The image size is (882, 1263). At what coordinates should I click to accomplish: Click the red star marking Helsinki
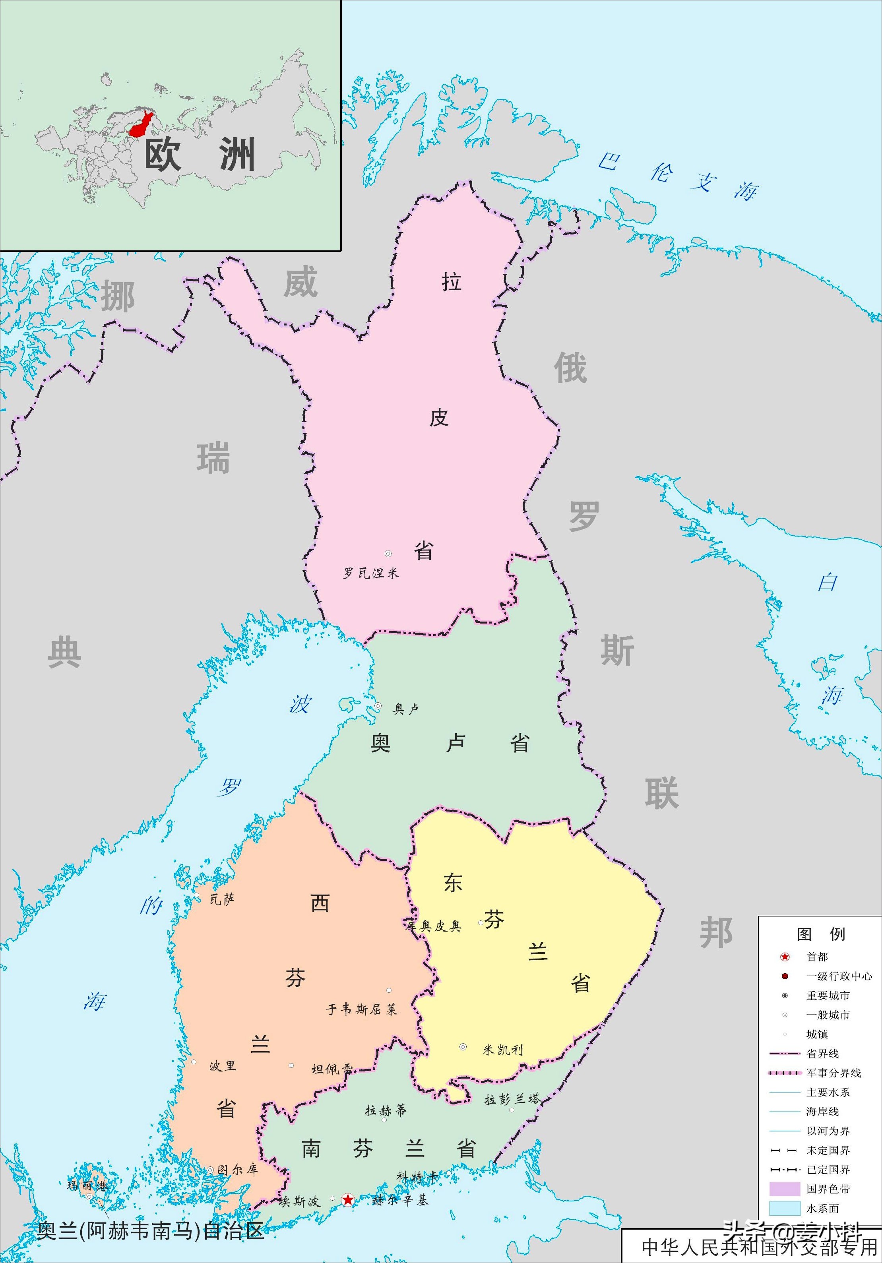[348, 1200]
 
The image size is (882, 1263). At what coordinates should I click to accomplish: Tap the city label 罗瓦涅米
[370, 573]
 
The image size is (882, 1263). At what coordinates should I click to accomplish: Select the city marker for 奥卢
[378, 706]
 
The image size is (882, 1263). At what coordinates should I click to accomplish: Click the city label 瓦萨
[222, 899]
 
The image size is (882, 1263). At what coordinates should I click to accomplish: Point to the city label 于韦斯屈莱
[361, 1009]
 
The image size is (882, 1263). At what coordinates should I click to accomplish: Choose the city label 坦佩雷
[332, 1069]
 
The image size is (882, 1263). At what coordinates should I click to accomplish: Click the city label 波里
[222, 1065]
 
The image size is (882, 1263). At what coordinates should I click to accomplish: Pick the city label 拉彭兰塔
[512, 1099]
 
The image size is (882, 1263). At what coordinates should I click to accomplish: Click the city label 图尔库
[237, 1170]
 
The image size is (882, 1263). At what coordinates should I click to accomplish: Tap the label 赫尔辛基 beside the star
[400, 1200]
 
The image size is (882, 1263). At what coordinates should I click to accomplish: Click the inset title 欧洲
[200, 155]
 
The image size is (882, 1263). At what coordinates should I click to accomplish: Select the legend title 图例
[820, 934]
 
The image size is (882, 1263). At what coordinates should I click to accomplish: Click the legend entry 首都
[817, 957]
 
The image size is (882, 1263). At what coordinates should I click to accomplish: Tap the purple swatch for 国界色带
[784, 1189]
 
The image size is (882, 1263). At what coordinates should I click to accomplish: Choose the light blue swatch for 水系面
[784, 1208]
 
